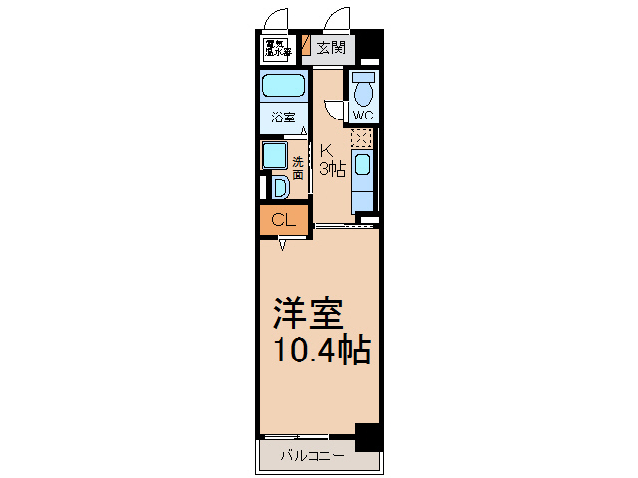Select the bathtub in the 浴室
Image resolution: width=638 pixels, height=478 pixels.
coord(283,87)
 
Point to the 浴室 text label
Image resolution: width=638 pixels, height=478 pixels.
coord(283,118)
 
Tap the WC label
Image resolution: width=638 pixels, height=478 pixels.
coord(362,116)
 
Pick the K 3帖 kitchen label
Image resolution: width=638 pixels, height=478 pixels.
coord(332,161)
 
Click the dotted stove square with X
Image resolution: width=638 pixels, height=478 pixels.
coord(363,138)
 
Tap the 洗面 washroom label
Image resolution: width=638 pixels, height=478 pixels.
coord(298,166)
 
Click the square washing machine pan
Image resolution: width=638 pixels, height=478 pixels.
coord(274,155)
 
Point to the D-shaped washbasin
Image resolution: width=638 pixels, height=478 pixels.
coord(280,187)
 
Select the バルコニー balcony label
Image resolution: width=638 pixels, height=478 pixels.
coord(312,456)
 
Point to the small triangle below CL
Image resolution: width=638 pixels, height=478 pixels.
coord(283,244)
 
